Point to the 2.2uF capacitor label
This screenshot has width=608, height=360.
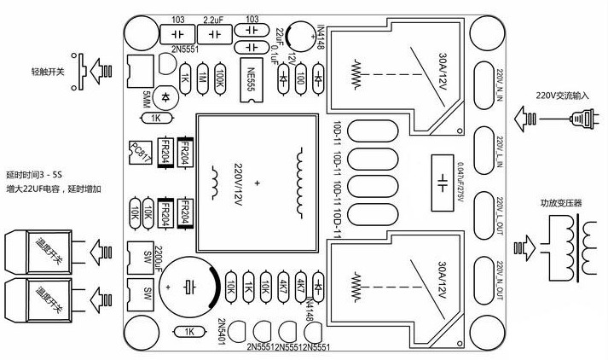click(x=214, y=18)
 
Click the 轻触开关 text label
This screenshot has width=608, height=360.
click(x=48, y=72)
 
